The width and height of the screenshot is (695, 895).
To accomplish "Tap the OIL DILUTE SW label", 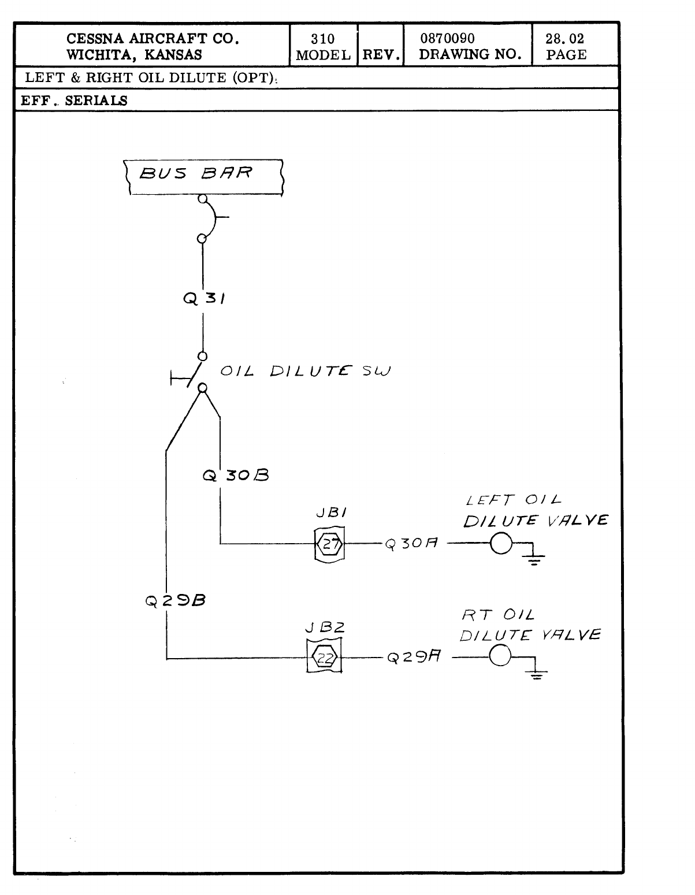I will click(x=305, y=371).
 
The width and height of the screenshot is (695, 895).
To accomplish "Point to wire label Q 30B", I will click(x=236, y=476).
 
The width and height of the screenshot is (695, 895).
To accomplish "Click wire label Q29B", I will click(x=176, y=600).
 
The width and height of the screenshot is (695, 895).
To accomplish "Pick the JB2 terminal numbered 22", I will click(x=324, y=658).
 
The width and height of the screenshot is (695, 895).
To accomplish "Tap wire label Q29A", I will click(x=414, y=657).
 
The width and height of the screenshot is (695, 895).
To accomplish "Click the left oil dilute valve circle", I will click(x=501, y=544).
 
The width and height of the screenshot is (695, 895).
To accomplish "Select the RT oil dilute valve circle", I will click(x=500, y=656).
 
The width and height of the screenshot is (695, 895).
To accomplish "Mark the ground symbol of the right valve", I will click(x=537, y=673).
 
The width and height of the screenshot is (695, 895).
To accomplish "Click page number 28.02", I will click(x=564, y=39).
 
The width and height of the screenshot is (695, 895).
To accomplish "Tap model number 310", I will click(x=322, y=39).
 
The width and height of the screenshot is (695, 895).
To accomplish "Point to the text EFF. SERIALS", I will click(x=75, y=100).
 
